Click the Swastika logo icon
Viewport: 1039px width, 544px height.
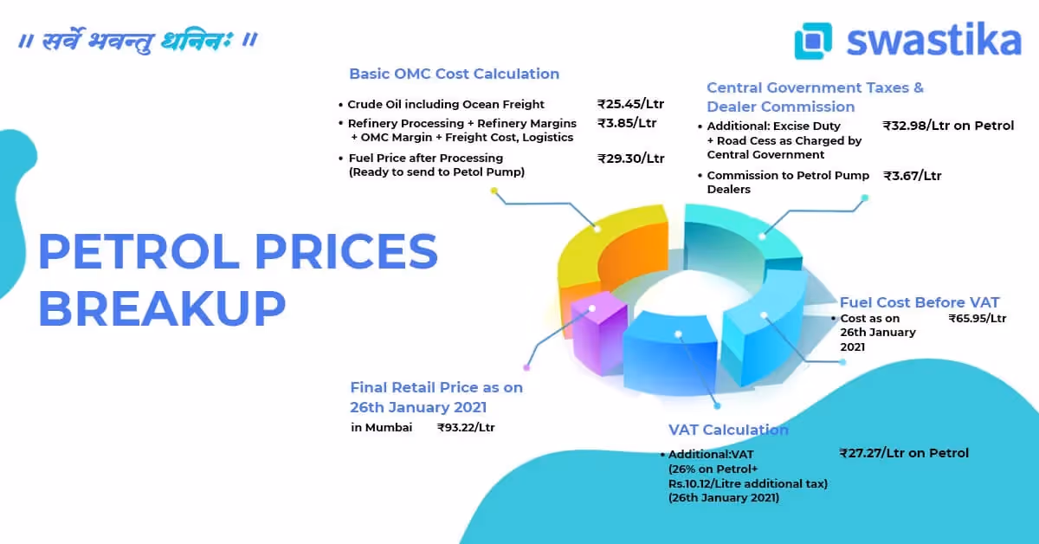813,41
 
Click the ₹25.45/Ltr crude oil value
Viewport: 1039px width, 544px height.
630,104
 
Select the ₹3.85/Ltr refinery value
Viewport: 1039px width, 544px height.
627,123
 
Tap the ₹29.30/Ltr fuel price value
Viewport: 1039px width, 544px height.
631,159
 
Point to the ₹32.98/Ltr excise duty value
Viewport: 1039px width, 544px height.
948,126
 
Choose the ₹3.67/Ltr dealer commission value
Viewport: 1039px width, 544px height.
912,176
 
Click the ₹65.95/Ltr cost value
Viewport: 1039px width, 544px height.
978,319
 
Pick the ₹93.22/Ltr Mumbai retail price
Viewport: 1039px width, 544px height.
466,428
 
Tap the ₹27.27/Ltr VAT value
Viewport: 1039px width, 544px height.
904,453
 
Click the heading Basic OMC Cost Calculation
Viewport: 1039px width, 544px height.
454,74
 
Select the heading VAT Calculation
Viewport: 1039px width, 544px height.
728,430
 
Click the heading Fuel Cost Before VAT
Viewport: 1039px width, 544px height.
920,302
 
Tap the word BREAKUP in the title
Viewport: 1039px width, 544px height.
162,308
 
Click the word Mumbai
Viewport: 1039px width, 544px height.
389,428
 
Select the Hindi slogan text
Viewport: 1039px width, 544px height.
138,41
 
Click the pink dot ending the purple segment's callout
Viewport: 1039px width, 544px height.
526,367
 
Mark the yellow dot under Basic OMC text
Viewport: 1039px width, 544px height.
494,191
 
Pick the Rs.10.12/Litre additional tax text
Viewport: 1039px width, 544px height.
748,483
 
